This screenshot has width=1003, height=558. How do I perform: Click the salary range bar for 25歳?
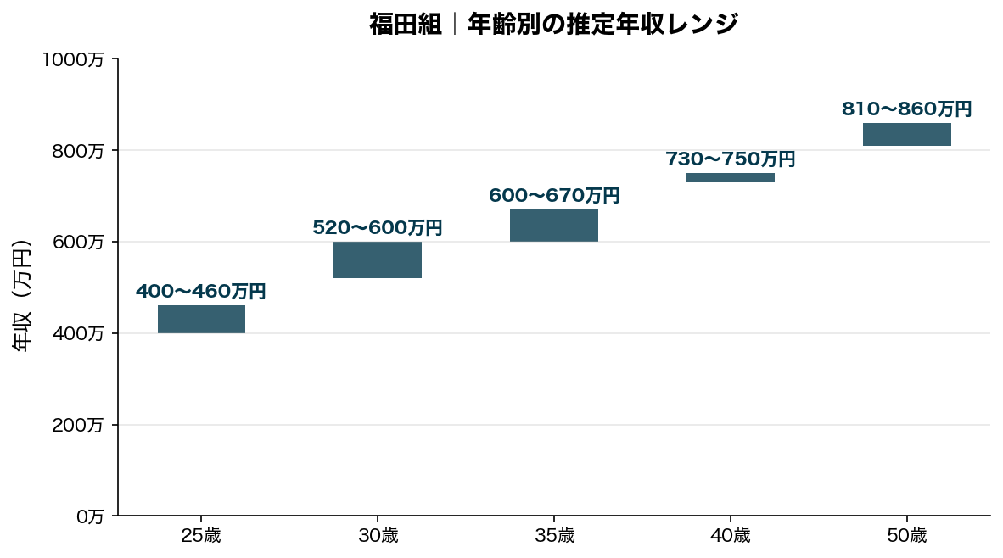(201, 320)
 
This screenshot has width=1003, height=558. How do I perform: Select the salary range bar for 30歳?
(378, 260)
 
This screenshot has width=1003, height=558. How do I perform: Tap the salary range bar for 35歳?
(554, 226)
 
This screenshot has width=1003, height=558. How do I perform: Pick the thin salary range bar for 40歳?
(731, 178)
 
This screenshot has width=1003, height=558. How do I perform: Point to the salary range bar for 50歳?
(907, 134)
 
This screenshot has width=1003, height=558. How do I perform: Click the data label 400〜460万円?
(201, 292)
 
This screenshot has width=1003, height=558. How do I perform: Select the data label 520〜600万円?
(378, 228)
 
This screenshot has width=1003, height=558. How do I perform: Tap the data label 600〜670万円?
(554, 196)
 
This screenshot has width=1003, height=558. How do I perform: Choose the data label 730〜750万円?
(731, 159)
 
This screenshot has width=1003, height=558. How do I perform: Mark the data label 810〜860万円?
(907, 109)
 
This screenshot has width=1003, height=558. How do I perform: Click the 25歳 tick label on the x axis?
(201, 536)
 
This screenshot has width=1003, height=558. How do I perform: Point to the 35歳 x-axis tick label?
(554, 536)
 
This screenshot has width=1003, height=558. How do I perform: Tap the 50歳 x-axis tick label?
(907, 536)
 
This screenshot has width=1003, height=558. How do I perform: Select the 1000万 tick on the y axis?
(73, 60)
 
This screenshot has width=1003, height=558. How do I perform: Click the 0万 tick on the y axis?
(90, 516)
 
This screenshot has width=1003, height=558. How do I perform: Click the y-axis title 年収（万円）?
(23, 296)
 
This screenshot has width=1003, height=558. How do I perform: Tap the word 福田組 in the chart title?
(406, 24)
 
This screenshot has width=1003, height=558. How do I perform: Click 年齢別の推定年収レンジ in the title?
(602, 24)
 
